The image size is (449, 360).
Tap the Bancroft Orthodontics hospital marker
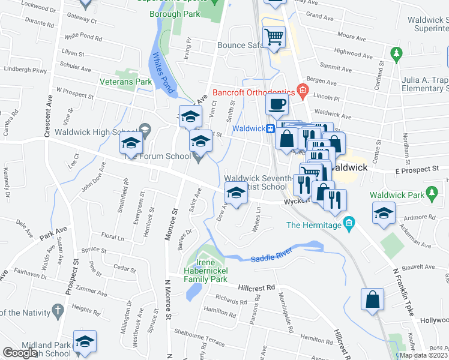click(303, 92)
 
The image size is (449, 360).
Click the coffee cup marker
click(276, 104)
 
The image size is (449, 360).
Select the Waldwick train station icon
click(271, 128)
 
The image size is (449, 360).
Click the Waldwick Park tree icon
click(430, 193)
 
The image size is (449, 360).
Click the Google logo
click(20, 353)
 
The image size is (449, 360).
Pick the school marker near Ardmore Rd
click(382, 212)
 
